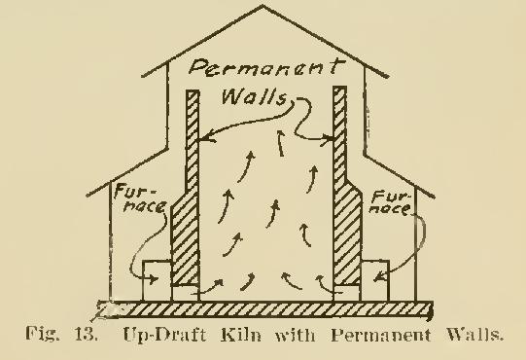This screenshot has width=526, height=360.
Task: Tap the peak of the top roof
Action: [263, 9]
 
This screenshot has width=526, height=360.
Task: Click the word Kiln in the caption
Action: [250, 341]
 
